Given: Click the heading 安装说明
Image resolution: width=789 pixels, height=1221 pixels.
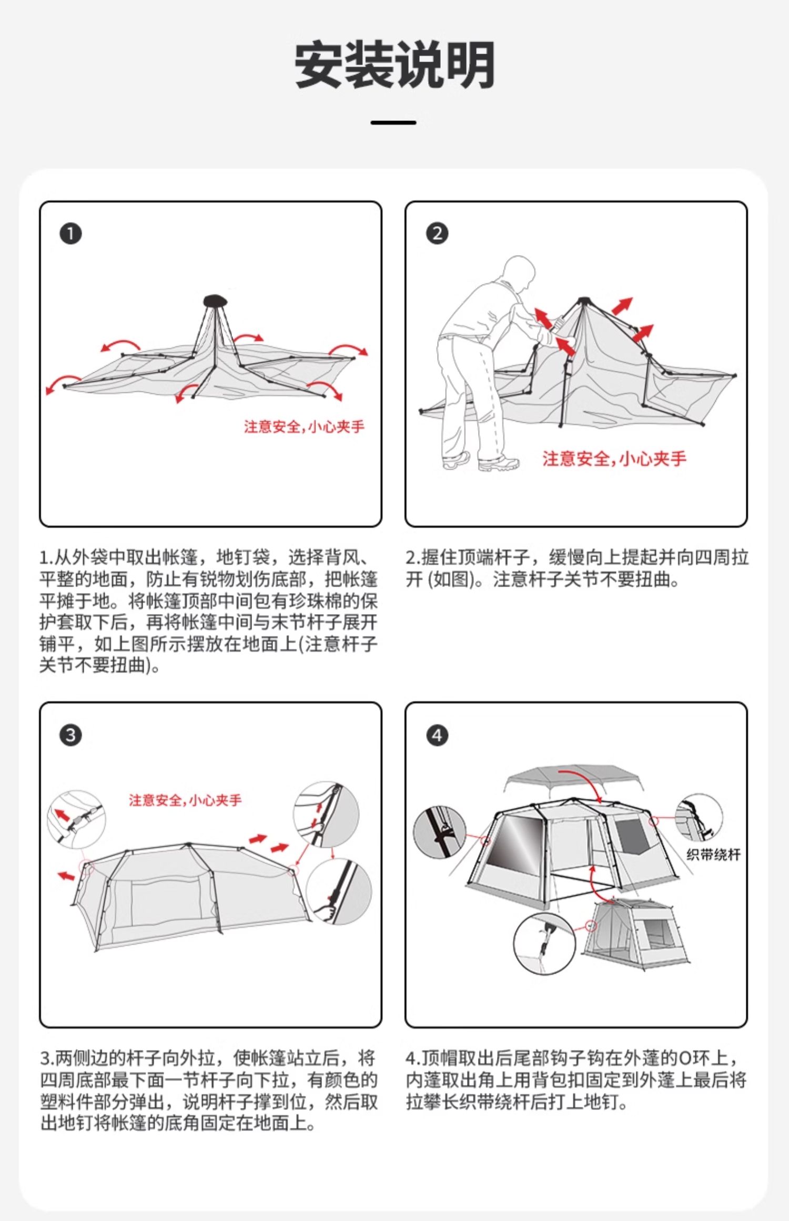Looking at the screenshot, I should pos(394,65).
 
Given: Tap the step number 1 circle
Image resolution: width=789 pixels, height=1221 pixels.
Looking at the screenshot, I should pos(70,233).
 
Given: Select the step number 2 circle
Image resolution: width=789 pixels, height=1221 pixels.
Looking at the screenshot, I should pos(437,233).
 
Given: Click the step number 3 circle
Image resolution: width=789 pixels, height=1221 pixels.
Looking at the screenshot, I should pos(70,735).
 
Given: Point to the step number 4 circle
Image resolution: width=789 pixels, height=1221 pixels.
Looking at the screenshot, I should pos(437,735).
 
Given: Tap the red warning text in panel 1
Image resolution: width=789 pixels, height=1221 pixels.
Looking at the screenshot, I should pos(304,426).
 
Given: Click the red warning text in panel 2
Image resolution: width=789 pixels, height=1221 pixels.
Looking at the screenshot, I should pos(614,459).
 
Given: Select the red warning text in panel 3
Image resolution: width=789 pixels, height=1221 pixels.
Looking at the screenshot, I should pos(185,800).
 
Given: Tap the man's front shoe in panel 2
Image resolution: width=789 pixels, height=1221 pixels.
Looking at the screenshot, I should pos(498,463).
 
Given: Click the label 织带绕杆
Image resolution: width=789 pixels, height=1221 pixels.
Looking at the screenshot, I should pos(713,855).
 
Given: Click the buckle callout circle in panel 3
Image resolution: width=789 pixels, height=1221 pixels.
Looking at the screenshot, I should pos(76,819).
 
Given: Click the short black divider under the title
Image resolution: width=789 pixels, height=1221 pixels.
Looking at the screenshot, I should pos(393,123).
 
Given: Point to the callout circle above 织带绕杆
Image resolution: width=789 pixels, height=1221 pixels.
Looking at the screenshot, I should pos(699,818).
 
